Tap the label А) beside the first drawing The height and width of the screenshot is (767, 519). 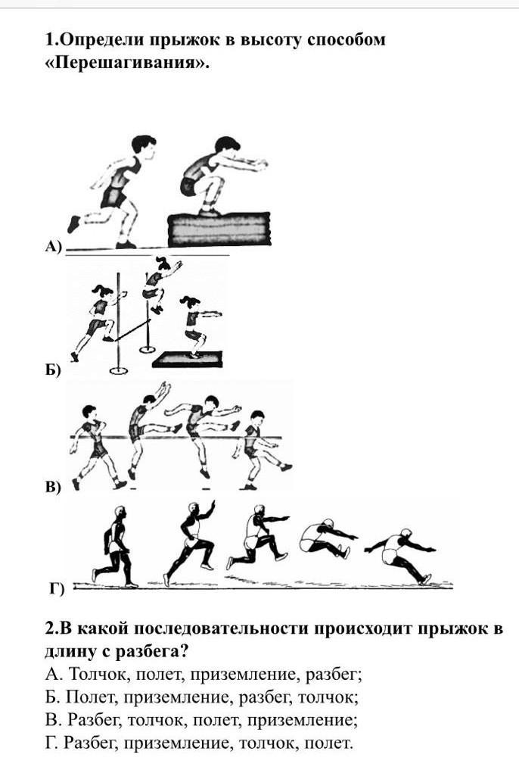coord(54,246)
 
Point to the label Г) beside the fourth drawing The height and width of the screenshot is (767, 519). coord(57,588)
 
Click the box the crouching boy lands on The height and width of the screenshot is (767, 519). coord(219,229)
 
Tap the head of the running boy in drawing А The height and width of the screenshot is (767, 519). coord(144,145)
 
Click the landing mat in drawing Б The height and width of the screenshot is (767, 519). coord(188,360)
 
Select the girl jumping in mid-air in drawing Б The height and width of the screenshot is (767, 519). coord(160,285)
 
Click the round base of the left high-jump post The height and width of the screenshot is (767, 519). coord(118,370)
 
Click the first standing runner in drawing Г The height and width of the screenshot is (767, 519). coord(113,546)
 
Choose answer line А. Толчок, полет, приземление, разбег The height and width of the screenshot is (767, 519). coord(204,675)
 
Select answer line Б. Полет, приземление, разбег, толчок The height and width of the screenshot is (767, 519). coord(202,698)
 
